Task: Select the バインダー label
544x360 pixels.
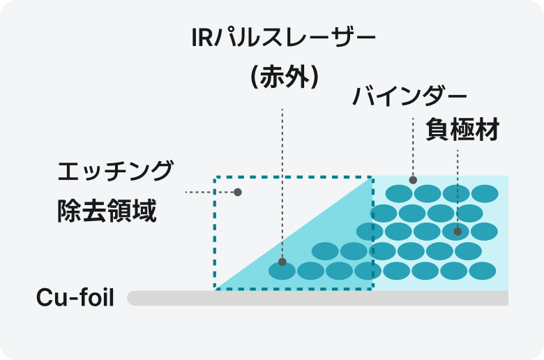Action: pos(409,96)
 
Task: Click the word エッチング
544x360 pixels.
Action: pos(115,171)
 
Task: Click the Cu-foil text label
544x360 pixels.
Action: pos(75,298)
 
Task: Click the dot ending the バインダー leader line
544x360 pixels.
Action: pos(413,179)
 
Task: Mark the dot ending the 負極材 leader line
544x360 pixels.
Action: pos(458,231)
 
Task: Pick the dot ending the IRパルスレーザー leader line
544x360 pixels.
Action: pos(282,262)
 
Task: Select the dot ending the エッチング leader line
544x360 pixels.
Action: pos(238,192)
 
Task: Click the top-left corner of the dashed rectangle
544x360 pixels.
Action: pos(215,177)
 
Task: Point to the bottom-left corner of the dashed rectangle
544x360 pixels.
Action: pos(215,287)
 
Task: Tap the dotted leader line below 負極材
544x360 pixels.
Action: pos(458,188)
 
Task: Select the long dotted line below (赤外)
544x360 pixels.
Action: pos(282,181)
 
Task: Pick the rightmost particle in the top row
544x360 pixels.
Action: pos(485,193)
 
